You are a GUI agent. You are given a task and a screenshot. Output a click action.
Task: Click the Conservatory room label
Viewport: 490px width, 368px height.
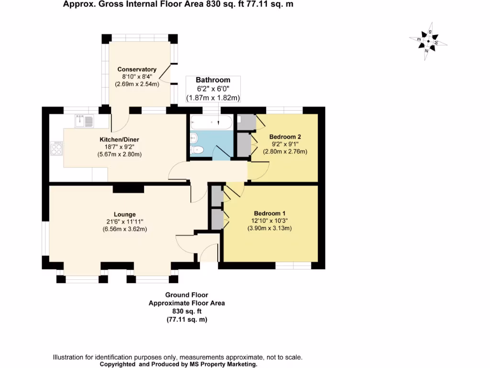click(x=137, y=69)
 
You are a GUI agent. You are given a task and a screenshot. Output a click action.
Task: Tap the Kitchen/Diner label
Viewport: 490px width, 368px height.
click(x=119, y=139)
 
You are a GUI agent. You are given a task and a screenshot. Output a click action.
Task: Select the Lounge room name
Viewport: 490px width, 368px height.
click(x=125, y=214)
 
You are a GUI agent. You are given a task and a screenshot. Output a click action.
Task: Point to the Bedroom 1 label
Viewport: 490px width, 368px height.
click(x=269, y=213)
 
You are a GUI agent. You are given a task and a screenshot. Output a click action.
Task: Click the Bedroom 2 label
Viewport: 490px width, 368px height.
click(x=285, y=137)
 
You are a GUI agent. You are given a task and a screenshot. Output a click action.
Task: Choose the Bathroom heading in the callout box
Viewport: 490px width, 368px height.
click(x=213, y=80)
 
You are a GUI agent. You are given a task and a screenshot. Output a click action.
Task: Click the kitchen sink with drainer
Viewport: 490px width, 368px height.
click(x=84, y=121)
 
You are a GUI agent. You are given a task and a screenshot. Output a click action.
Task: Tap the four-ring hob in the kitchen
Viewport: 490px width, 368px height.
click(x=56, y=149)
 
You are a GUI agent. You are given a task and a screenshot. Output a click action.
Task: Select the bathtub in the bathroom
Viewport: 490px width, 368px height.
click(x=212, y=122)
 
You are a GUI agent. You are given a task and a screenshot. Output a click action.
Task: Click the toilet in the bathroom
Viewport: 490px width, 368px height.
click(x=197, y=150)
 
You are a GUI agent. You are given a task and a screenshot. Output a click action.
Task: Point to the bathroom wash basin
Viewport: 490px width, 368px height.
click(x=194, y=137)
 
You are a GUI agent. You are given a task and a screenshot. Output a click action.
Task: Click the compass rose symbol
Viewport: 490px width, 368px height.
click(x=428, y=41)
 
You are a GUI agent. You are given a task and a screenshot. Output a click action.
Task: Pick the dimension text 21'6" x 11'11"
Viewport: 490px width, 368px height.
click(x=125, y=221)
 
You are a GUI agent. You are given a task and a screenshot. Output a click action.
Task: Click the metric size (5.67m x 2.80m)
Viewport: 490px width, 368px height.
click(x=119, y=154)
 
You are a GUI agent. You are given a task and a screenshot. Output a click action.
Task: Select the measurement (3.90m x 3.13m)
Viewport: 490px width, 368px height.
click(x=269, y=228)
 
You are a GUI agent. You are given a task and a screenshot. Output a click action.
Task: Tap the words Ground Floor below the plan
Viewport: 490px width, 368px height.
click(x=187, y=295)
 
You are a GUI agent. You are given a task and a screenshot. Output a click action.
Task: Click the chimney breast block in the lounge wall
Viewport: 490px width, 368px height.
click(x=128, y=189)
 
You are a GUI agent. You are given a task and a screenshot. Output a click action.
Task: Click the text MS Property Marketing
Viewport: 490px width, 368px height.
click(x=223, y=364)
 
